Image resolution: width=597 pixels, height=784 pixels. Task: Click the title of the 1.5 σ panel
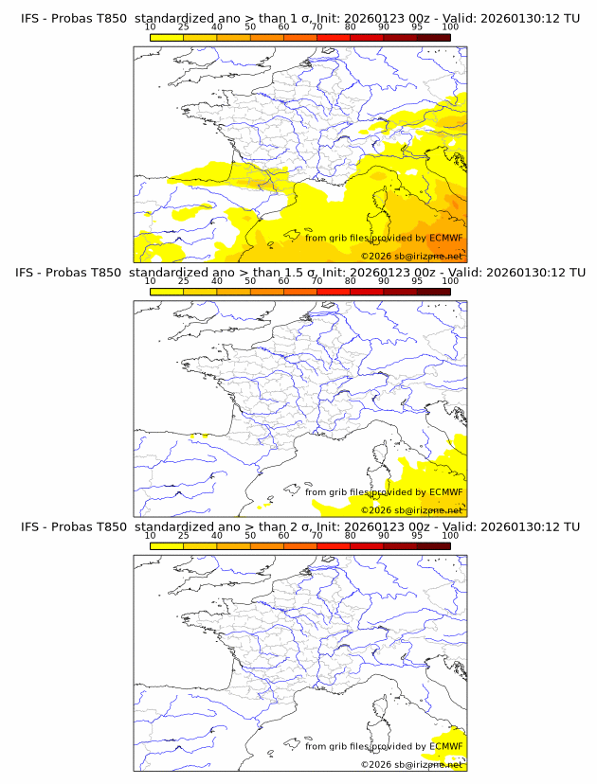300,273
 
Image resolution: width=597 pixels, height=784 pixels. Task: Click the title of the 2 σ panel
300,526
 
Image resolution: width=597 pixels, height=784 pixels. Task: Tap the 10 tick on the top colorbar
151,27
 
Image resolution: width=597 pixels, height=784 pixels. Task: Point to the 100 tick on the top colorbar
450,27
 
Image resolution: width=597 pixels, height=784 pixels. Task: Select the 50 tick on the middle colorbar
250,281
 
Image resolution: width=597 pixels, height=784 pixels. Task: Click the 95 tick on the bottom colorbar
417,535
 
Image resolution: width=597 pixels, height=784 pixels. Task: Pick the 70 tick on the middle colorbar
317,281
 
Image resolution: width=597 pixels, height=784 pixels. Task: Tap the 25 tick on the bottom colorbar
183,535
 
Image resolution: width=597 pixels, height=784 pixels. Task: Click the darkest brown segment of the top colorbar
433,37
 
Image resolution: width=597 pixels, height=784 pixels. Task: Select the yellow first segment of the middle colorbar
167,291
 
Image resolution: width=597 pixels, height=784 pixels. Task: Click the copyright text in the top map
411,256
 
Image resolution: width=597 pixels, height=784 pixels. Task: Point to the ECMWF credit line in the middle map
384,491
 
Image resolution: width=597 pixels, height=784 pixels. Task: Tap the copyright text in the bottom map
411,763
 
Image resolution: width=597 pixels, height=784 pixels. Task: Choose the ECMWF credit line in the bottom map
384,746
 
